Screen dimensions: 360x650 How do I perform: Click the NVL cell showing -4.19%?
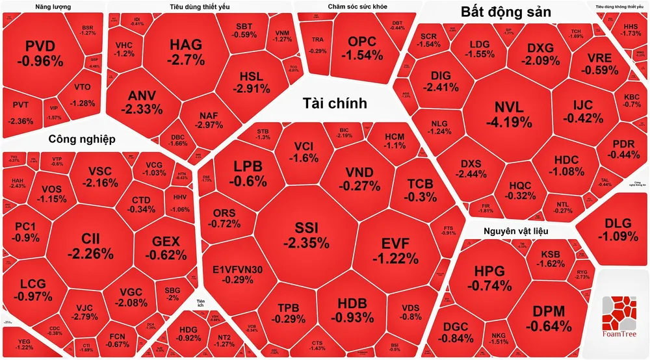coord(513,114)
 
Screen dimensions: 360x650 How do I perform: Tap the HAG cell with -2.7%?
coord(186,52)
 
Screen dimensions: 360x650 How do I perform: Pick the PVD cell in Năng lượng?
coord(44,53)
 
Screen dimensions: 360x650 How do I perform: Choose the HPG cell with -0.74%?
coord(484,278)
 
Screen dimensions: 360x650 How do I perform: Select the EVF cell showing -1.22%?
coord(395,251)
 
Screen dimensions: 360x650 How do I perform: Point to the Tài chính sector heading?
coord(335,103)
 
